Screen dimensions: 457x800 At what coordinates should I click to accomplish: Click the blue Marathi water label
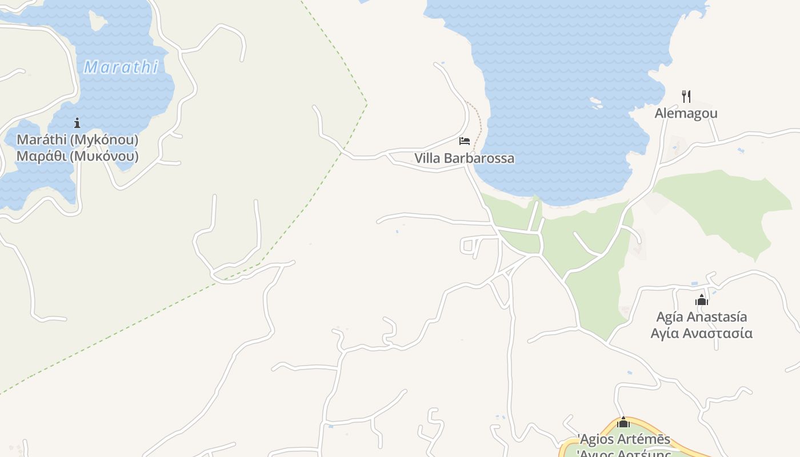121,67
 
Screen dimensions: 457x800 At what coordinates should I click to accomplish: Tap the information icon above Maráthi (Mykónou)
77,123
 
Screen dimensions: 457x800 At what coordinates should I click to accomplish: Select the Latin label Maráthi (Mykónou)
77,139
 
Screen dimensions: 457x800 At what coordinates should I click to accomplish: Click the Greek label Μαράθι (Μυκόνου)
77,156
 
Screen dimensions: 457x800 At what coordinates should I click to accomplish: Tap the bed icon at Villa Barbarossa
464,141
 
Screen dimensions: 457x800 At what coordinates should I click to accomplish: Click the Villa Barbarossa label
464,158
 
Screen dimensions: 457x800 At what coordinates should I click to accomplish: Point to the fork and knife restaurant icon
686,96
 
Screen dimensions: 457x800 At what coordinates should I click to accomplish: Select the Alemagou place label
686,113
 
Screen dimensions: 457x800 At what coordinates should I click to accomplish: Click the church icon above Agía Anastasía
702,300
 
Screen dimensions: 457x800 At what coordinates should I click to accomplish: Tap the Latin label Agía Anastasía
702,316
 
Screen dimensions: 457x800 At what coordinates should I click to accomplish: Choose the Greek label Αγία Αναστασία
702,333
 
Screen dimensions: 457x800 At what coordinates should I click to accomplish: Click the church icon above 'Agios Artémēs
623,423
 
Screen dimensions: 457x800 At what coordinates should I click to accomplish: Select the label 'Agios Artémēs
623,439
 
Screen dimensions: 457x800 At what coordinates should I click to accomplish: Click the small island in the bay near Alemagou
596,103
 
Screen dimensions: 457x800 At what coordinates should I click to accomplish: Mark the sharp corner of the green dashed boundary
366,103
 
